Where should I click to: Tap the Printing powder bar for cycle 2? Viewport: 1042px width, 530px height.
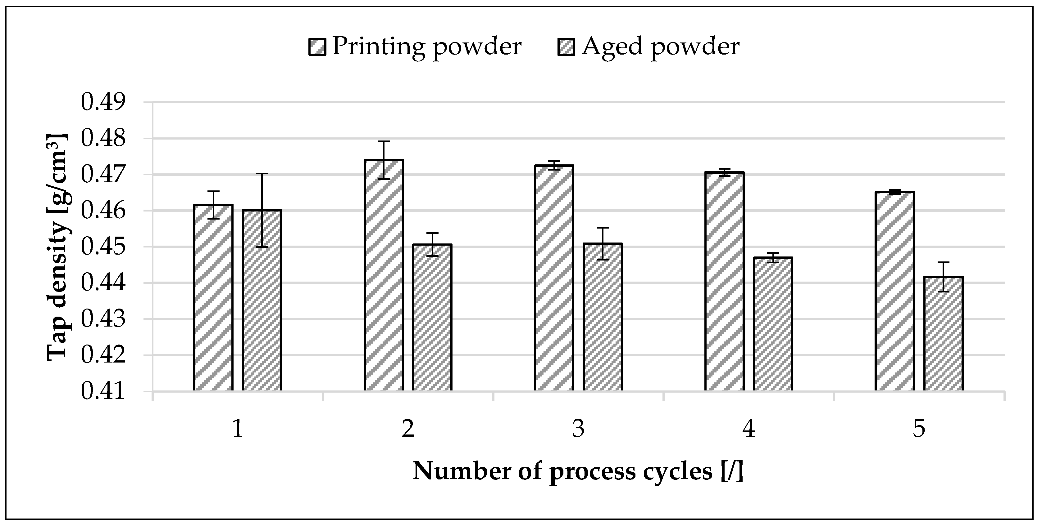pos(384,275)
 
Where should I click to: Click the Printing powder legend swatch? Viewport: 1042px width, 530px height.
pos(317,47)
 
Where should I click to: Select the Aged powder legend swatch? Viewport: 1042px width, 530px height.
pos(566,47)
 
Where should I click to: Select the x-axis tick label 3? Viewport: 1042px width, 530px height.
pos(578,428)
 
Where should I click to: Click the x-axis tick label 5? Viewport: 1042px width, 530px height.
pos(919,428)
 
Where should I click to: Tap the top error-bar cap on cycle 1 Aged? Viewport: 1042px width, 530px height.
pos(262,174)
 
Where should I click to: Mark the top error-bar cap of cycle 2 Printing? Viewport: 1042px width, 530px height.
pos(384,141)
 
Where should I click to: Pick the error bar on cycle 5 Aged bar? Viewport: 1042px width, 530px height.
pos(943,277)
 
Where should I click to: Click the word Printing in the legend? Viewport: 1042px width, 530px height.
pos(378,47)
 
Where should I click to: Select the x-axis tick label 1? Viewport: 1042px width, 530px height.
pos(238,428)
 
